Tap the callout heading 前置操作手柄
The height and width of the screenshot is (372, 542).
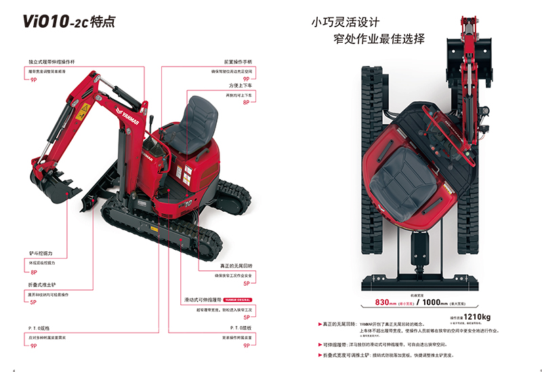tap(232, 61)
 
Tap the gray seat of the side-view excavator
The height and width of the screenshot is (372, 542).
tap(197, 123)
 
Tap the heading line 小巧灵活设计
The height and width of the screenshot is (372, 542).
tap(341, 22)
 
